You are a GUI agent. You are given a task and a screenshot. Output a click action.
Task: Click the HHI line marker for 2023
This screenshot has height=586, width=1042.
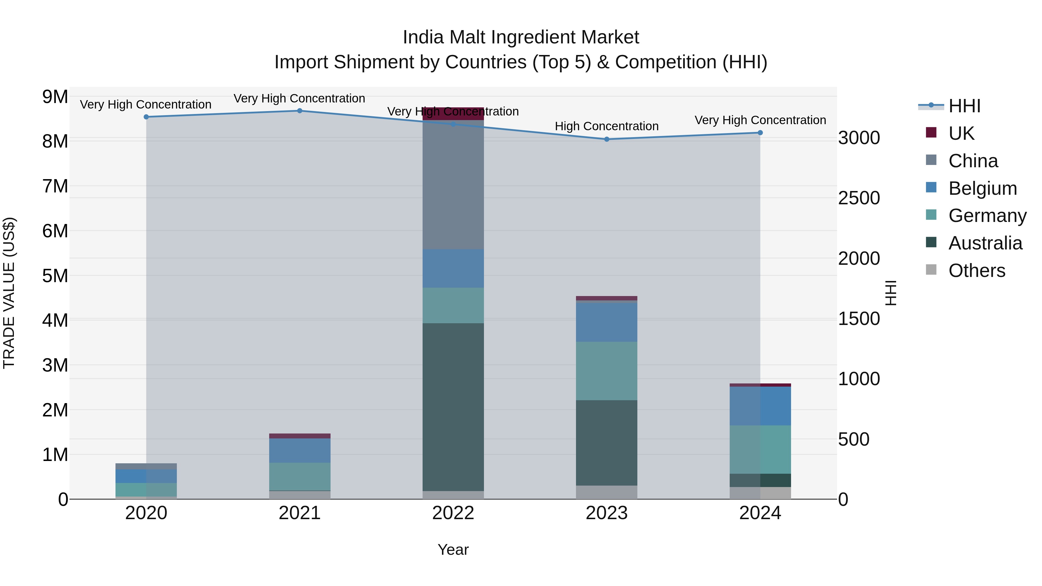pyautogui.click(x=606, y=139)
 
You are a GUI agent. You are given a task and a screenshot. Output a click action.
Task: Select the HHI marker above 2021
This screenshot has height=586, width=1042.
pyautogui.click(x=300, y=111)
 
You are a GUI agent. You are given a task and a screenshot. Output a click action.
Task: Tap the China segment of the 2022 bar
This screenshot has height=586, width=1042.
pyautogui.click(x=453, y=184)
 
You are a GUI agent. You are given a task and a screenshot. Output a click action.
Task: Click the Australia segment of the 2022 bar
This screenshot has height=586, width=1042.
pyautogui.click(x=453, y=407)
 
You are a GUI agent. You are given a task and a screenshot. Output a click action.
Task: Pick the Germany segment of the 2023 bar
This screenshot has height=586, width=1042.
pyautogui.click(x=606, y=371)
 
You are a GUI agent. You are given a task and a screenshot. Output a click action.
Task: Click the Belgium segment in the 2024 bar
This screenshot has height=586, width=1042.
pyautogui.click(x=760, y=406)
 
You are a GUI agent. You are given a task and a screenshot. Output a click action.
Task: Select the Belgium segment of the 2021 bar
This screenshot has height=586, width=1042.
pyautogui.click(x=300, y=450)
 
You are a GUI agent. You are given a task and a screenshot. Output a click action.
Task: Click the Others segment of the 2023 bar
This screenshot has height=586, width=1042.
pyautogui.click(x=606, y=492)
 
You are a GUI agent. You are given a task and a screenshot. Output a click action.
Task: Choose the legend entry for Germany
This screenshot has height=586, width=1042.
pyautogui.click(x=987, y=216)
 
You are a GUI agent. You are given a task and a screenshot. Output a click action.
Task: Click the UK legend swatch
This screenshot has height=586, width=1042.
pyautogui.click(x=931, y=133)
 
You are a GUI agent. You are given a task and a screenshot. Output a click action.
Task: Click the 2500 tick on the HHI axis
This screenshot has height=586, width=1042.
pyautogui.click(x=859, y=198)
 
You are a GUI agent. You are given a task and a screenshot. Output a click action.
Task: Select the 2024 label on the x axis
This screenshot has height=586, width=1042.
pyautogui.click(x=760, y=513)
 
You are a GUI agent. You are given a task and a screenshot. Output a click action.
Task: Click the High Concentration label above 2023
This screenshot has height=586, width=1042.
pyautogui.click(x=606, y=126)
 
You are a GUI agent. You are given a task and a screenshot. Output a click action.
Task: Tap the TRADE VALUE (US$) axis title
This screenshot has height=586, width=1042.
pyautogui.click(x=9, y=293)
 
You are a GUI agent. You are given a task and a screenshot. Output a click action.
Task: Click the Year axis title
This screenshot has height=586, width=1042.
pyautogui.click(x=453, y=550)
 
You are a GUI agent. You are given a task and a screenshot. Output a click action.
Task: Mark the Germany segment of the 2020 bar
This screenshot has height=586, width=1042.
pyautogui.click(x=146, y=489)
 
